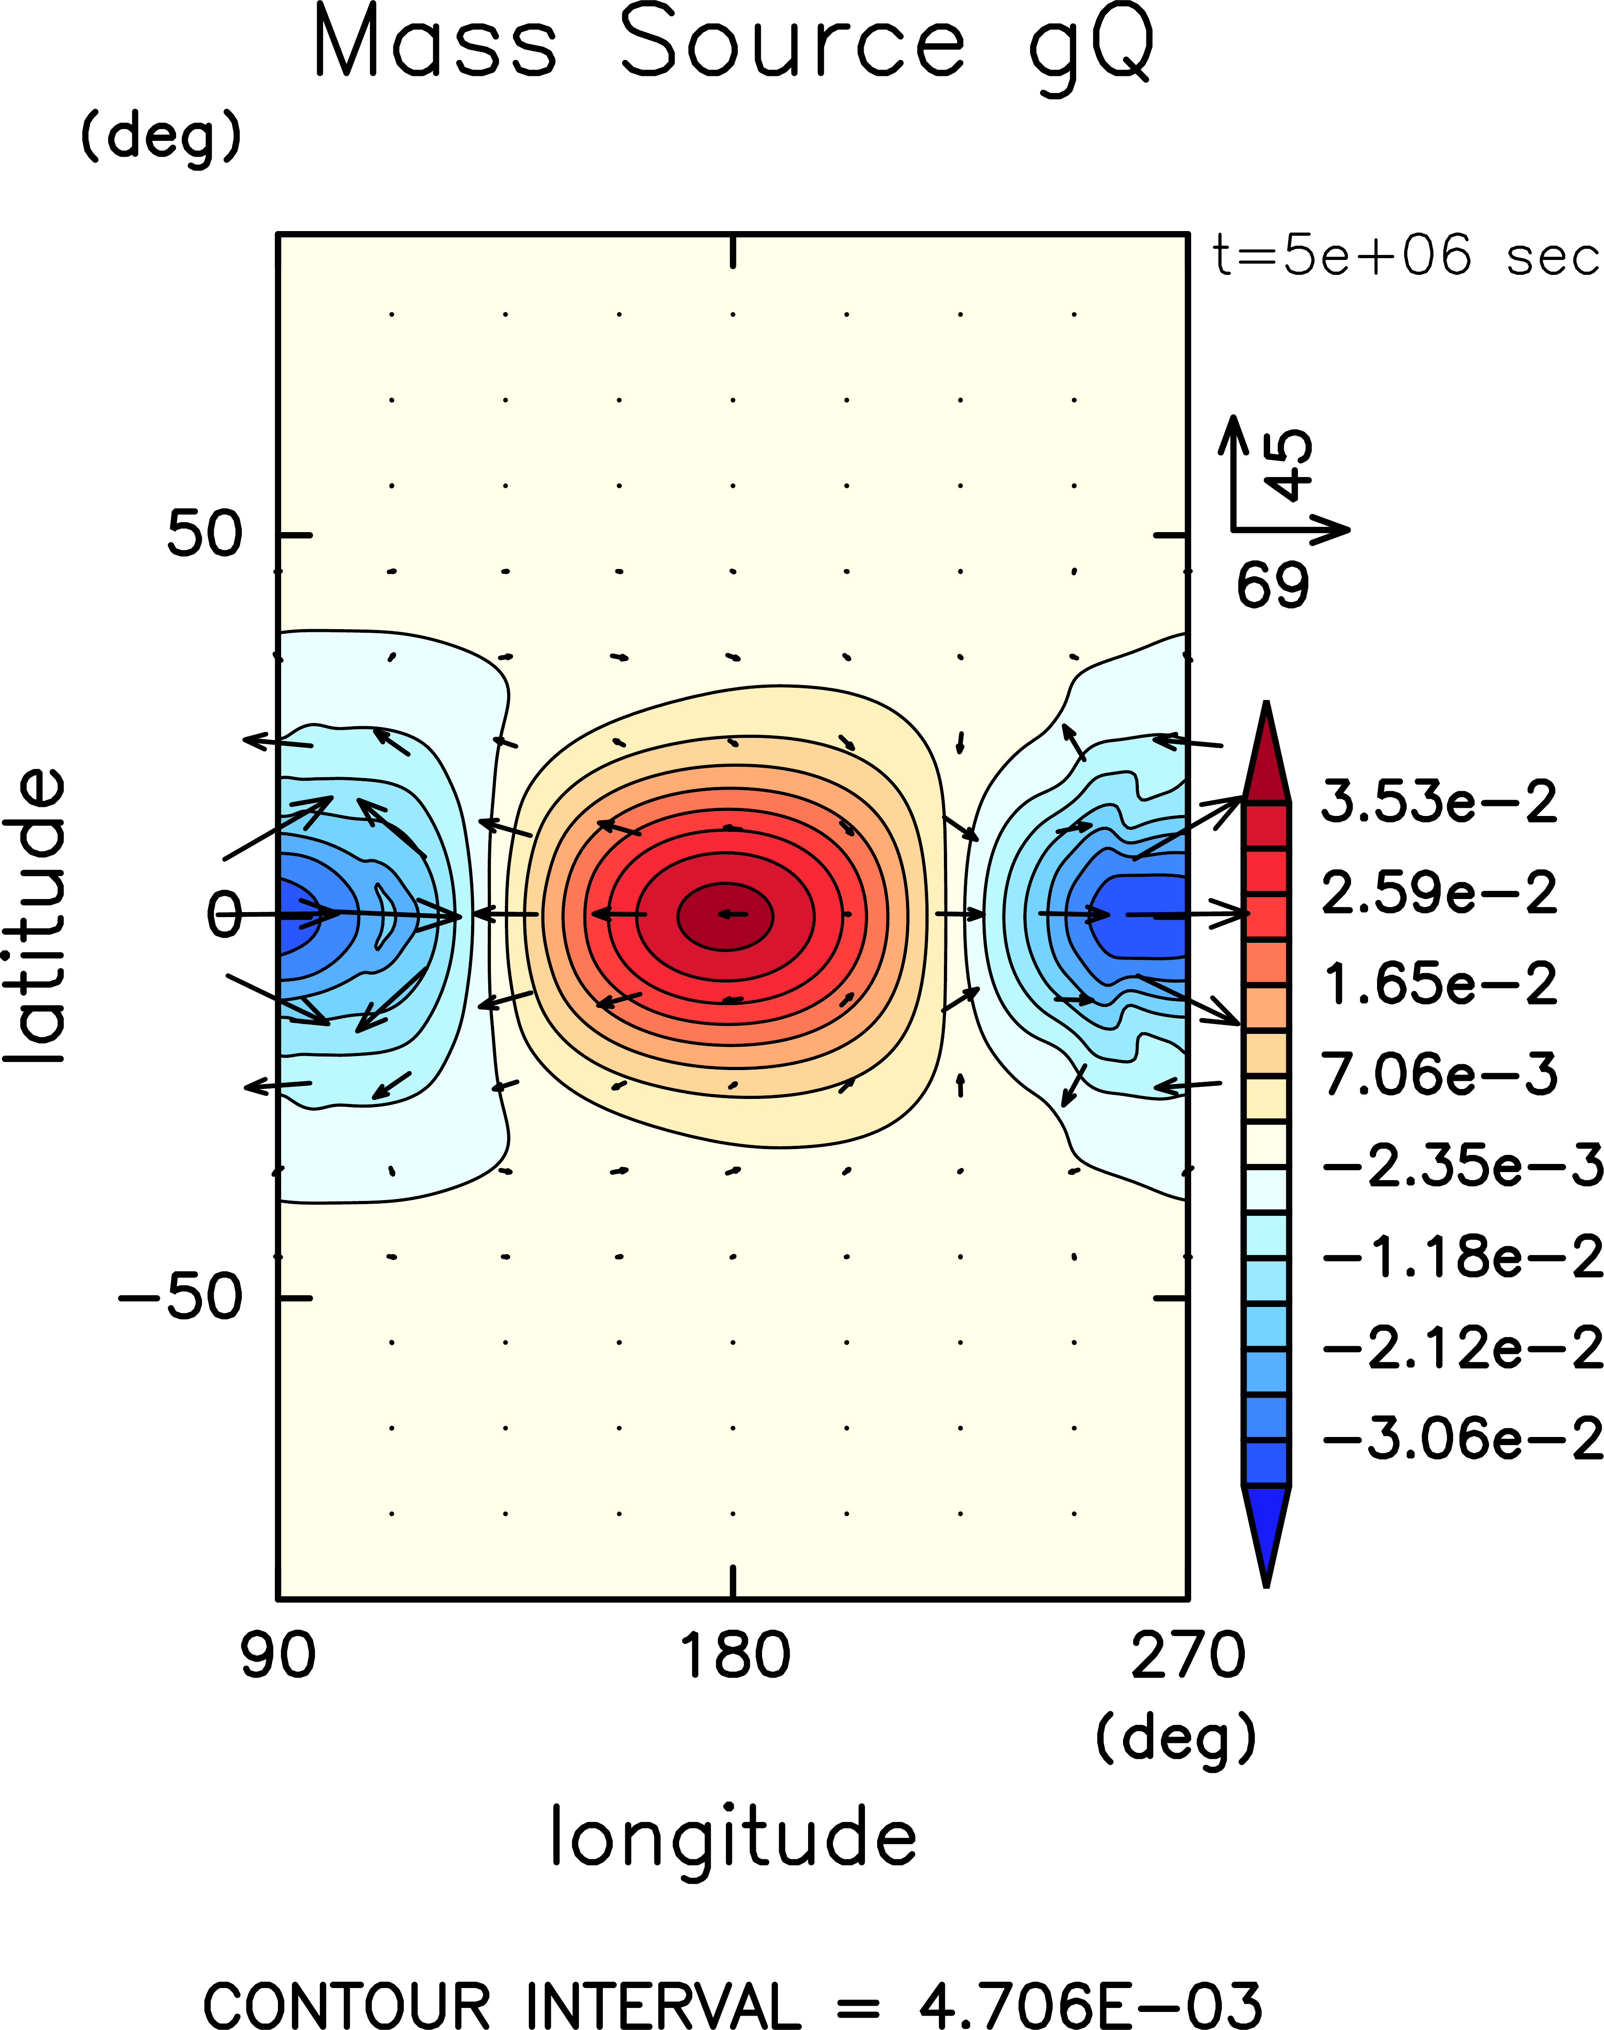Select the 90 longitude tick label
pyautogui.click(x=278, y=1655)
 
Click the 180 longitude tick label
pyautogui.click(x=734, y=1655)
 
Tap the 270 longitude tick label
pyautogui.click(x=1187, y=1655)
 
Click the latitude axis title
pyautogui.click(x=36, y=916)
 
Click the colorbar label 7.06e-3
pyautogui.click(x=1439, y=1074)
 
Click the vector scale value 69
pyautogui.click(x=1272, y=585)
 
